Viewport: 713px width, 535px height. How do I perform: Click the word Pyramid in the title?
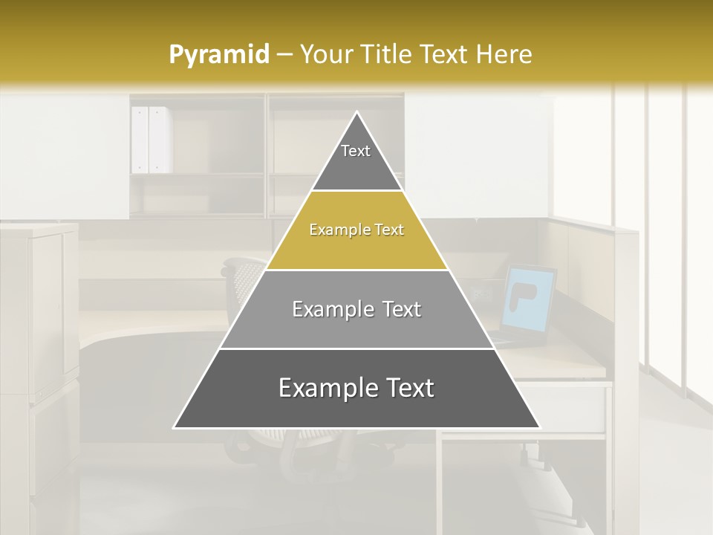(x=218, y=54)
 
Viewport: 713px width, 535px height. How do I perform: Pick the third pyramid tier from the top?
(x=356, y=309)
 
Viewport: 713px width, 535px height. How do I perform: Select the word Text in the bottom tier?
(x=404, y=388)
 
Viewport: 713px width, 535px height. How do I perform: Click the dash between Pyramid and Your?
(x=284, y=54)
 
